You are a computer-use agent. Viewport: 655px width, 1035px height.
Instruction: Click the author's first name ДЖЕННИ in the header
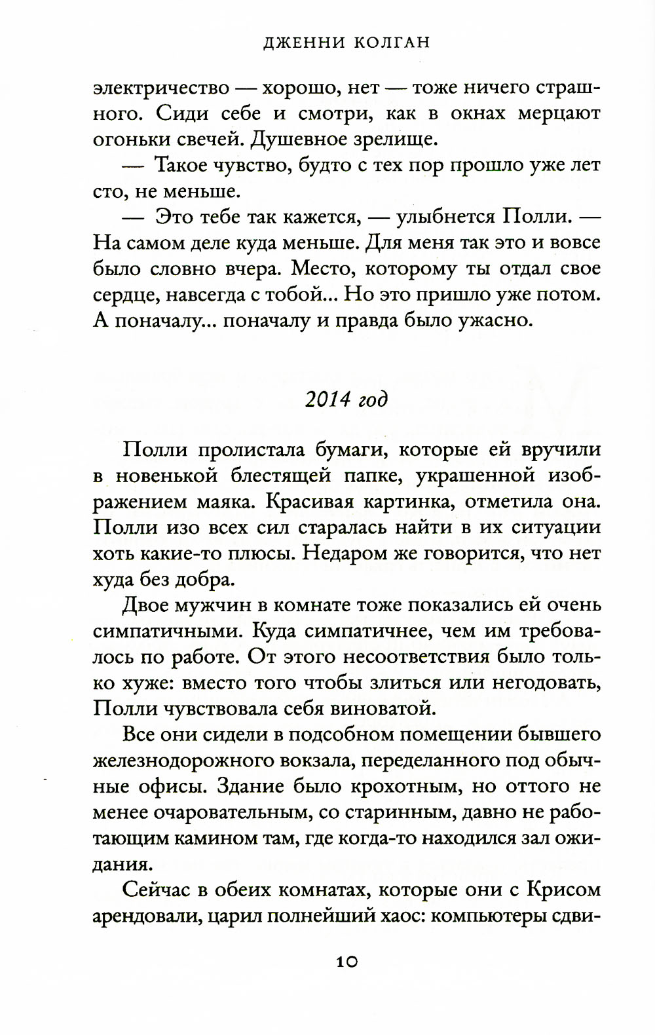tap(299, 43)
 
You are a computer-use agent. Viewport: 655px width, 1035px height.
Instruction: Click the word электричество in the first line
tap(162, 88)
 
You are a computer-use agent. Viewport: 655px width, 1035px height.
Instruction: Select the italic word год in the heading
tap(373, 400)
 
